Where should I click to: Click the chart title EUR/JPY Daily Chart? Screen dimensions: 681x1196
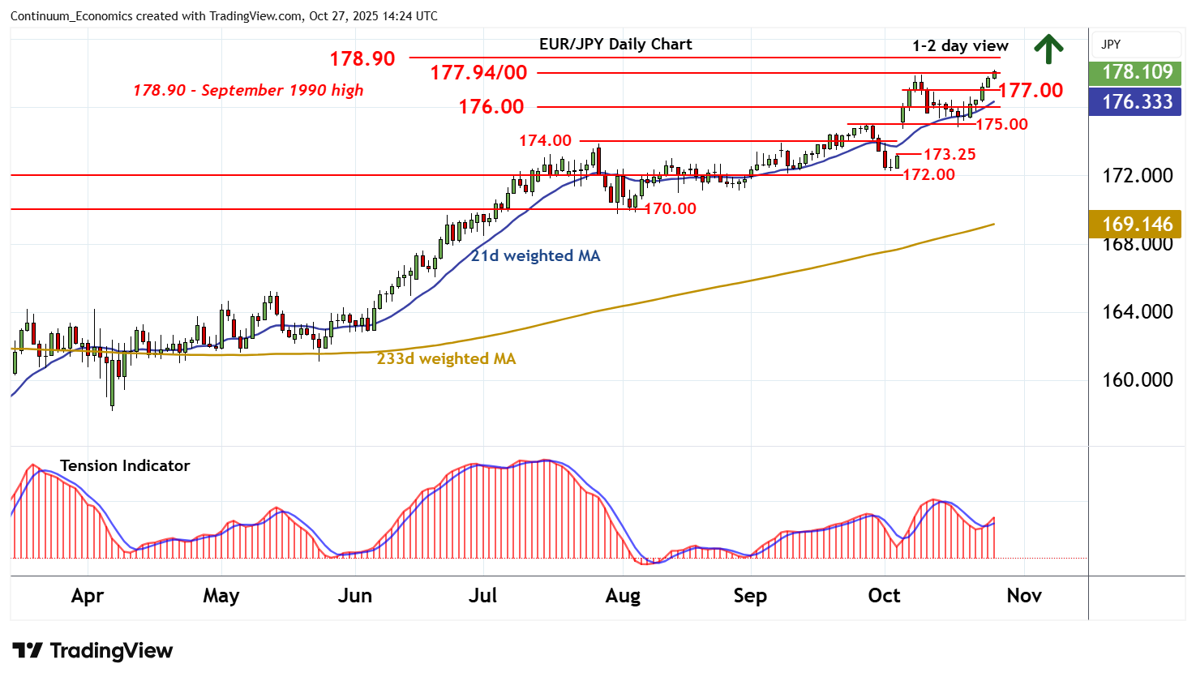[615, 45]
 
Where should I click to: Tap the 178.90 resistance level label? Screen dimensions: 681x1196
[362, 58]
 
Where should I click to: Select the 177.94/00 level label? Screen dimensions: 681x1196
[478, 73]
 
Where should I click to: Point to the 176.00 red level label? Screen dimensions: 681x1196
[491, 106]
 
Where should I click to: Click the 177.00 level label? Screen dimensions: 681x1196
[1031, 90]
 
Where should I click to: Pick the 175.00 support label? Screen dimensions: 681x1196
[1001, 124]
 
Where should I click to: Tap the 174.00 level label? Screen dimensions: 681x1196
[545, 141]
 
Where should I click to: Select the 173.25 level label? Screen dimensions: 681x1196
[950, 154]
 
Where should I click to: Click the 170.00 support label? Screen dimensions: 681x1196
[671, 208]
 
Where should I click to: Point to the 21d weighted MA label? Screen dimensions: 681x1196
[536, 256]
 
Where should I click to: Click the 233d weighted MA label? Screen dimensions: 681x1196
[446, 358]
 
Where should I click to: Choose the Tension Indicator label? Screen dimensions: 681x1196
[125, 465]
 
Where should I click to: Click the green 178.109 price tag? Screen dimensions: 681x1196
[1137, 72]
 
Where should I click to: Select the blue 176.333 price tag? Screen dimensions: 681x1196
[1137, 102]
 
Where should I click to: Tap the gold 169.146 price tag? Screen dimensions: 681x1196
[1137, 224]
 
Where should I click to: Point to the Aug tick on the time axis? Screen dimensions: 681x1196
[623, 596]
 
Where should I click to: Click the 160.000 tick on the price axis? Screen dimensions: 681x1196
[1137, 380]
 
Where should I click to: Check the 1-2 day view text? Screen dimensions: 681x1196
[960, 46]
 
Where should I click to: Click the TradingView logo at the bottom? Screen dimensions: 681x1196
[92, 650]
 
